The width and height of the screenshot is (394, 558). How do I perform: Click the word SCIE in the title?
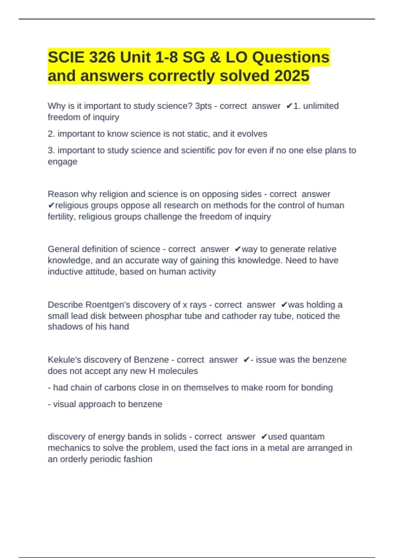[66, 57]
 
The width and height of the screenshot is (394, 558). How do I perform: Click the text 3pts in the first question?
[203, 106]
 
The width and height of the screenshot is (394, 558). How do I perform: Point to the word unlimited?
[321, 106]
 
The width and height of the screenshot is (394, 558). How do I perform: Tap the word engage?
[62, 162]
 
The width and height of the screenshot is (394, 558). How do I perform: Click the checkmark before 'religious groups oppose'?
[51, 205]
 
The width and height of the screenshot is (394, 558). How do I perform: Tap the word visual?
[64, 404]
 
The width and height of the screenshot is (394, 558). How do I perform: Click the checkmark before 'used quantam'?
[264, 437]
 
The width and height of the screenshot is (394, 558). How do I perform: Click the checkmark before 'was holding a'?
[284, 305]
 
